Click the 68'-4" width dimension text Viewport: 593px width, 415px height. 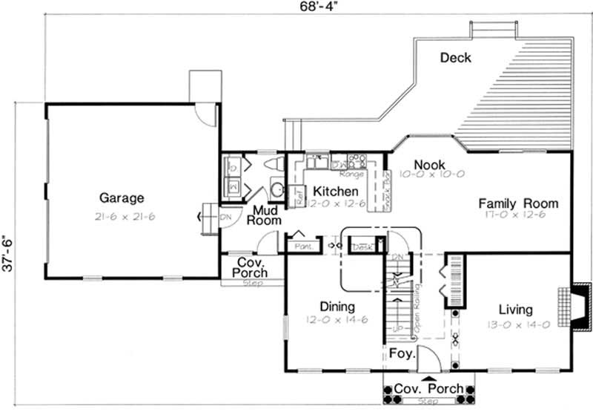click(296, 7)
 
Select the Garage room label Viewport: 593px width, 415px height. click(122, 198)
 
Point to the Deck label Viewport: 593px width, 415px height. click(455, 58)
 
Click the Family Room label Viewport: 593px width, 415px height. click(517, 203)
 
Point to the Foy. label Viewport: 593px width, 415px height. click(401, 355)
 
